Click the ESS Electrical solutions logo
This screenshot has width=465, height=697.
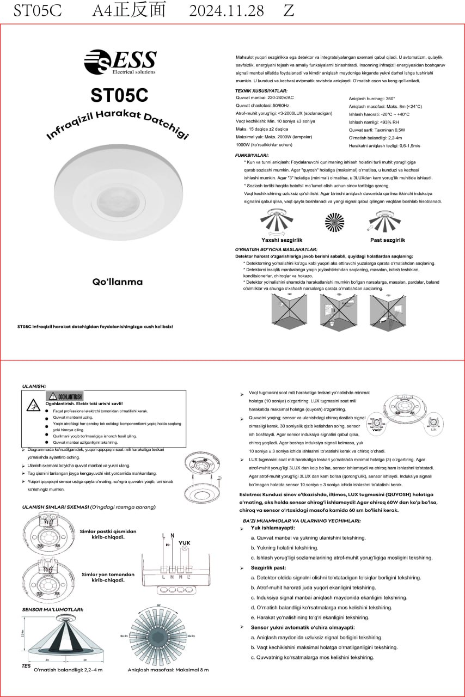click(x=120, y=62)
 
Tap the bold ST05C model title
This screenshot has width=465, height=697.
click(x=119, y=95)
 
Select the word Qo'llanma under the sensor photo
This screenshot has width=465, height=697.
click(x=117, y=282)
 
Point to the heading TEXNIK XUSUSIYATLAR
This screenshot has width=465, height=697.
click(x=261, y=91)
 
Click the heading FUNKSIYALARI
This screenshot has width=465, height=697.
click(x=251, y=155)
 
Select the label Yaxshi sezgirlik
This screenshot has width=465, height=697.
click(x=282, y=240)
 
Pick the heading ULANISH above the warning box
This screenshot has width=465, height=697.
click(x=34, y=386)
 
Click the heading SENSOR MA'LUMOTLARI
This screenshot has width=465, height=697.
click(x=53, y=609)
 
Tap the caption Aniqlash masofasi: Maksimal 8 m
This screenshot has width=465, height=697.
click(x=168, y=670)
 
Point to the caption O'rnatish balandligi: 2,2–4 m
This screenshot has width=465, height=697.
click(x=68, y=670)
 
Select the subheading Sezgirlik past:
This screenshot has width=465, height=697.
click(x=269, y=567)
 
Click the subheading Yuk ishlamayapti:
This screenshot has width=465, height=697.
click(x=272, y=528)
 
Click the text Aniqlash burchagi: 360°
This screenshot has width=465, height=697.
click(x=371, y=99)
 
